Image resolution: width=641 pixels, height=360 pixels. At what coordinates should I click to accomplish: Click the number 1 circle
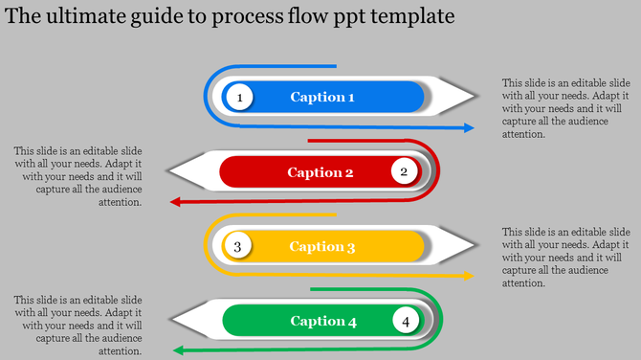point(239,97)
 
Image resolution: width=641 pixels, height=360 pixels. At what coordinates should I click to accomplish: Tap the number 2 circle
point(404,171)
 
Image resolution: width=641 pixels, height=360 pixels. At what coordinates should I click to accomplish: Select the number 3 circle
point(238,246)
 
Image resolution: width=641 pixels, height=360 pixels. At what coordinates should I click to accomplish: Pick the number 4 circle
point(406,321)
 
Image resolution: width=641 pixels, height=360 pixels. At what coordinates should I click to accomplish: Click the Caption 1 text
point(322,97)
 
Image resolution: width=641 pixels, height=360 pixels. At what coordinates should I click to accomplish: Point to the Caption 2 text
point(320,172)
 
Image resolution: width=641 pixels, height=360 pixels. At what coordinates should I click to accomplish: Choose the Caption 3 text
point(322,247)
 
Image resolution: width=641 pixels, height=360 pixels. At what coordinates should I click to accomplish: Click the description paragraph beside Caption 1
point(565,108)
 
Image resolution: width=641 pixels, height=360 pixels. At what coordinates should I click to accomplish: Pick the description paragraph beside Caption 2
point(77,176)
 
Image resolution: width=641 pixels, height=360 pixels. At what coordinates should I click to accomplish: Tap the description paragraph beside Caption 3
point(565,258)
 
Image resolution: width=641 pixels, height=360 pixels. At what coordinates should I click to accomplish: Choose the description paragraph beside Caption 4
point(77,326)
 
